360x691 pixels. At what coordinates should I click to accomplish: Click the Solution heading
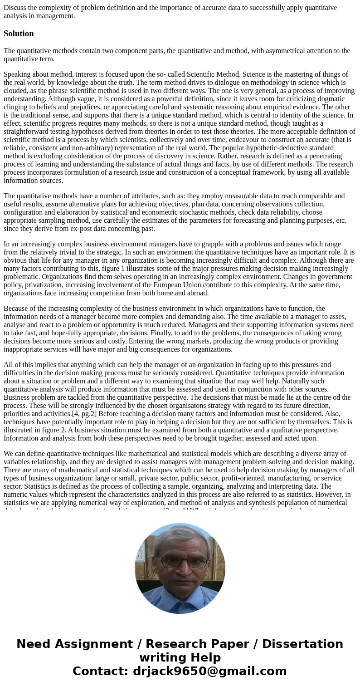(x=19, y=34)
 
